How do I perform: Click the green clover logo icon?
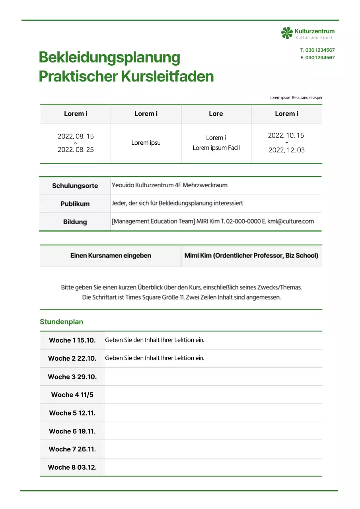(x=287, y=33)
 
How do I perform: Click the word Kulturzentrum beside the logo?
(x=314, y=31)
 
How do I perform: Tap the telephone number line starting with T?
(x=317, y=50)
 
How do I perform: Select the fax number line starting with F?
(x=317, y=58)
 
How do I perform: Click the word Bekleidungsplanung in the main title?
(x=109, y=58)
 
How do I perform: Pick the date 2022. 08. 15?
(x=76, y=136)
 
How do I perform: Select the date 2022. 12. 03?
(x=286, y=150)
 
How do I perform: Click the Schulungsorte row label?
(x=75, y=186)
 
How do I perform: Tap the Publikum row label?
(x=75, y=204)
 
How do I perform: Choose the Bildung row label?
(x=75, y=222)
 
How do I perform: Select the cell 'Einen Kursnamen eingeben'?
(x=111, y=256)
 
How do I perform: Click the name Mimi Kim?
(x=198, y=256)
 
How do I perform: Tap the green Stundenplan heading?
(x=61, y=322)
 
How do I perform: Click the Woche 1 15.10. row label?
(x=72, y=340)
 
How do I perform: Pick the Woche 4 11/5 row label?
(x=72, y=395)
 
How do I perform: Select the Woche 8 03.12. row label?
(x=72, y=467)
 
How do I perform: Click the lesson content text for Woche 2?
(x=154, y=358)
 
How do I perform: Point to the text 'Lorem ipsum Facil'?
(x=216, y=148)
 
